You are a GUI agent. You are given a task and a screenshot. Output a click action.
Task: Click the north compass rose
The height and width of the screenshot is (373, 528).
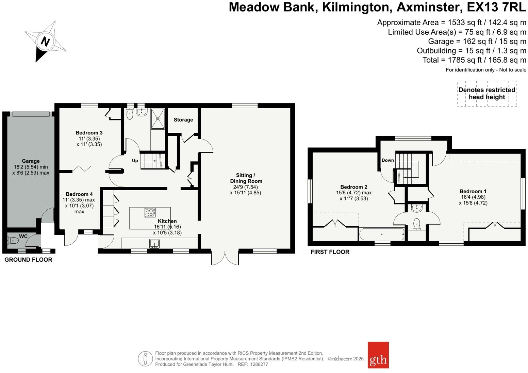45,42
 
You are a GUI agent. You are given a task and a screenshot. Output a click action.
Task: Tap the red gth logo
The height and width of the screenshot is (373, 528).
378,355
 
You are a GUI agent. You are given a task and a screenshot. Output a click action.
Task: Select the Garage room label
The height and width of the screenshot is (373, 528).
31,161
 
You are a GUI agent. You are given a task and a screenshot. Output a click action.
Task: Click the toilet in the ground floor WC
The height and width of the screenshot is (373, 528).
13,241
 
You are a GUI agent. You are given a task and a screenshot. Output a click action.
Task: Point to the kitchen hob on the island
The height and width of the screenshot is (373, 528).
150,212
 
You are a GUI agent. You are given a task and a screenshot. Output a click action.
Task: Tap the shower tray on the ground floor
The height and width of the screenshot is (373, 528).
158,118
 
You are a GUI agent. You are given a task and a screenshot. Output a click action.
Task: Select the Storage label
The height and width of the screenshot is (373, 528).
183,120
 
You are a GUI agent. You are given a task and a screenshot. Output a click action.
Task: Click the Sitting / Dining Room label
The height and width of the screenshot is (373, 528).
246,178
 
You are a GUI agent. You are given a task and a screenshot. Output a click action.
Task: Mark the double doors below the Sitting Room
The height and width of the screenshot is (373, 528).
225,258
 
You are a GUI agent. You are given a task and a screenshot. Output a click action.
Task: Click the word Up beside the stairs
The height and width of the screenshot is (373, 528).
135,160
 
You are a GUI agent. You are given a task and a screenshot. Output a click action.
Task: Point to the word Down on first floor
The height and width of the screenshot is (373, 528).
387,160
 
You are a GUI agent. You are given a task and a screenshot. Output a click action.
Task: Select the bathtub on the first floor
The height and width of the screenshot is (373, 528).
382,234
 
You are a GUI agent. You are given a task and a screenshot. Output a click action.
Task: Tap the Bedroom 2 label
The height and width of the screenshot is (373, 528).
354,187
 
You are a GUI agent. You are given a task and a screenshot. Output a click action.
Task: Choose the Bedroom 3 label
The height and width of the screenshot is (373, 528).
89,133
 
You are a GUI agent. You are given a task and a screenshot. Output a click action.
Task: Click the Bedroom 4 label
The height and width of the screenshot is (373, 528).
79,194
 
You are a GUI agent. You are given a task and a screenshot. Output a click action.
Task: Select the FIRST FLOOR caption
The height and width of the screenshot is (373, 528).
330,252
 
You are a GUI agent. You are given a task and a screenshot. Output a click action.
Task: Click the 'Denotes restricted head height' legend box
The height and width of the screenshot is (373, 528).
487,94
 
